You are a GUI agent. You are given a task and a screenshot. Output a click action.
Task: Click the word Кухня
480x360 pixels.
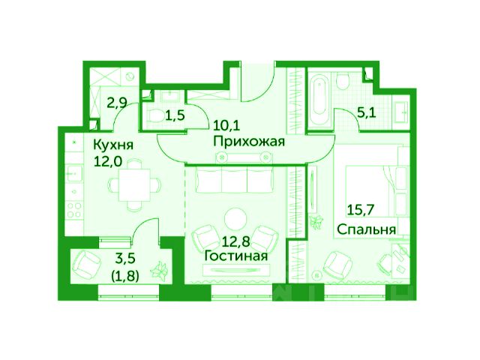113,145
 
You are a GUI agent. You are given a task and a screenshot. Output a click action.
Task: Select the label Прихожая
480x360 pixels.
249,142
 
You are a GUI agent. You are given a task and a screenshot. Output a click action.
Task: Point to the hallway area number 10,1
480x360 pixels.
226,125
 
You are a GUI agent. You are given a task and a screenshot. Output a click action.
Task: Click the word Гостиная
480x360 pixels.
235,256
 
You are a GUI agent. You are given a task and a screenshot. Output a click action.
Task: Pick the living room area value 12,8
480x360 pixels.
235,241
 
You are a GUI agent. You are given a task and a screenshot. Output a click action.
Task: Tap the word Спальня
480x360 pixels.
367,229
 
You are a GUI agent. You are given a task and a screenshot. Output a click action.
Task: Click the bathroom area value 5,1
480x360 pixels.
366,113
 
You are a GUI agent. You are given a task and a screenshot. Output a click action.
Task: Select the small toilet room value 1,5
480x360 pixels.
175,116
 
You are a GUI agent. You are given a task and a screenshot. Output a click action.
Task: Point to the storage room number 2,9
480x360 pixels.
117,103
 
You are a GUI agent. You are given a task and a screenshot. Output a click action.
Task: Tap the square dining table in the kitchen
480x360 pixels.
135,185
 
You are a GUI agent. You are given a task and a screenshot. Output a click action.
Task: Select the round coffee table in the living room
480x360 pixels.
235,218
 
